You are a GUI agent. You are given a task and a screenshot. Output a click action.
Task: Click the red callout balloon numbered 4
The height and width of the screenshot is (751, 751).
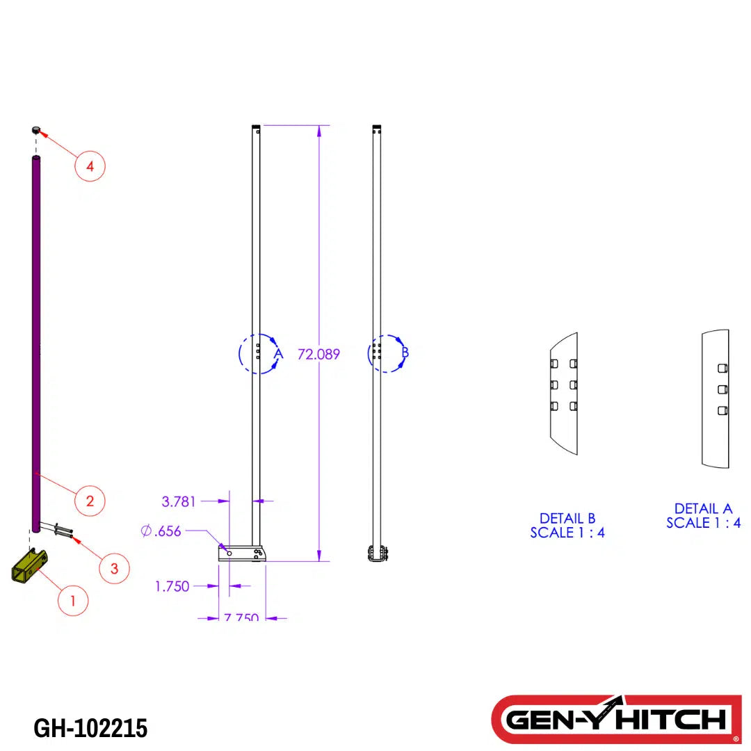[90, 166]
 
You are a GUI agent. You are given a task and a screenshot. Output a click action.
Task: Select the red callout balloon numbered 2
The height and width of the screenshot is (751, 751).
[90, 500]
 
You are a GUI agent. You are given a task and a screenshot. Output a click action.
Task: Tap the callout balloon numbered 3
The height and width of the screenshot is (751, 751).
[114, 568]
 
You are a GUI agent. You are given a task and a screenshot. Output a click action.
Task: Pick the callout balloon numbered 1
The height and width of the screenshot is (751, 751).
[73, 599]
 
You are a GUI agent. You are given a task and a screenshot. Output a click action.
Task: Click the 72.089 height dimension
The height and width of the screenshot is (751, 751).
[318, 354]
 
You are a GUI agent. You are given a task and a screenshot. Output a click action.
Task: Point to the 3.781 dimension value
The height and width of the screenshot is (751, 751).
[179, 501]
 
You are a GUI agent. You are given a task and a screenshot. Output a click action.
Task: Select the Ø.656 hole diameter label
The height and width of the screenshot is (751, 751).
[161, 531]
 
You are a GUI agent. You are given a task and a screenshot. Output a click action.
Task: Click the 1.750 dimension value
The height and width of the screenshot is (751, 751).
[172, 586]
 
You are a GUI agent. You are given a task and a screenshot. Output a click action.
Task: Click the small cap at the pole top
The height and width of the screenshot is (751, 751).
[35, 130]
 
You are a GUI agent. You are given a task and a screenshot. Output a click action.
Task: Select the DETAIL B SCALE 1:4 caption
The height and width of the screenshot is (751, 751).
[567, 526]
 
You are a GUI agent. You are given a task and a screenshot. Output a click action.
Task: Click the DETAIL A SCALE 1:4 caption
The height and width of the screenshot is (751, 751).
[703, 516]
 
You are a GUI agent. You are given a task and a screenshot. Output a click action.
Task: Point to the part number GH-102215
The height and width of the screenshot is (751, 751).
[90, 728]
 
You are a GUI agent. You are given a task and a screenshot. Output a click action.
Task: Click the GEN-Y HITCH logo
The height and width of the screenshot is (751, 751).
[616, 719]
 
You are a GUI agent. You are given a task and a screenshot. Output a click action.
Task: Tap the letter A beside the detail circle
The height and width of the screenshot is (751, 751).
[278, 354]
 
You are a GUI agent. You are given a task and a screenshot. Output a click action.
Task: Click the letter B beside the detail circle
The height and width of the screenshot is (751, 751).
[405, 353]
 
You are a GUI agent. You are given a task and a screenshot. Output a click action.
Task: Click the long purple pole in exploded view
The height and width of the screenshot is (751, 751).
[35, 341]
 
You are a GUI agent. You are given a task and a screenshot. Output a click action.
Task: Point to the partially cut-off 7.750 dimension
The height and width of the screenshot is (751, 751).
[241, 617]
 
